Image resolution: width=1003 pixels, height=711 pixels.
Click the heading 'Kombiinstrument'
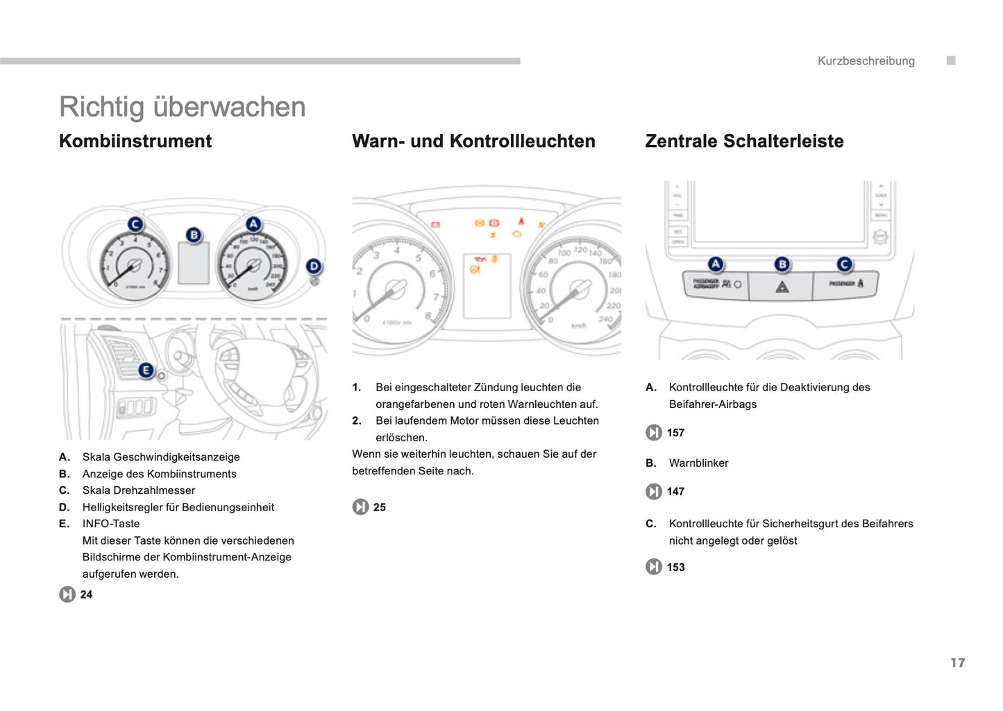click(x=135, y=141)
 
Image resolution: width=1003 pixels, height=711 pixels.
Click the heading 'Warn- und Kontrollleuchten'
click(x=473, y=141)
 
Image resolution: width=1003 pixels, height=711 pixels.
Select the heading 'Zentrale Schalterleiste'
click(x=744, y=141)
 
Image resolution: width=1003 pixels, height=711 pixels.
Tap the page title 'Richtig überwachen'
click(x=182, y=107)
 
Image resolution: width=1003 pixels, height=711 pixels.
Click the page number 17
click(x=957, y=663)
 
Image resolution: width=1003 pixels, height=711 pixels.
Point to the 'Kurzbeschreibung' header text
click(x=866, y=61)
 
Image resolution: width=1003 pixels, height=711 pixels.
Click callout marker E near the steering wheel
click(x=146, y=370)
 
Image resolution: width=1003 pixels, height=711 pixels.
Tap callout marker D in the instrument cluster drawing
click(x=314, y=266)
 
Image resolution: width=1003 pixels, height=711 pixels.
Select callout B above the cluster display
click(x=194, y=235)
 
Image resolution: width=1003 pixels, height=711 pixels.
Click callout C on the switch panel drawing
click(x=844, y=264)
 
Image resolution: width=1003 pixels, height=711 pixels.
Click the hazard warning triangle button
click(x=782, y=286)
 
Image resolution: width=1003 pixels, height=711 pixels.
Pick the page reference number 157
click(x=675, y=433)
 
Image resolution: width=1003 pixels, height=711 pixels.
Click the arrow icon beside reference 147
click(x=653, y=492)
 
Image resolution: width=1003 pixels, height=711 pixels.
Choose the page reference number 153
click(x=675, y=567)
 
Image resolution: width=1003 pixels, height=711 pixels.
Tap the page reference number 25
click(x=379, y=508)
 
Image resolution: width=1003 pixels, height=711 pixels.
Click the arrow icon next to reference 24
click(x=67, y=594)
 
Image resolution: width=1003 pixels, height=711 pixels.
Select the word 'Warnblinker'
click(x=698, y=463)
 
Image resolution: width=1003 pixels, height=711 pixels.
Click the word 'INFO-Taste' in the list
click(x=111, y=524)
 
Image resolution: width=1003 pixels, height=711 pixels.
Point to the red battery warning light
click(x=435, y=225)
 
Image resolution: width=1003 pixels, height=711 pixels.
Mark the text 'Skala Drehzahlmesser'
click(x=139, y=490)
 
